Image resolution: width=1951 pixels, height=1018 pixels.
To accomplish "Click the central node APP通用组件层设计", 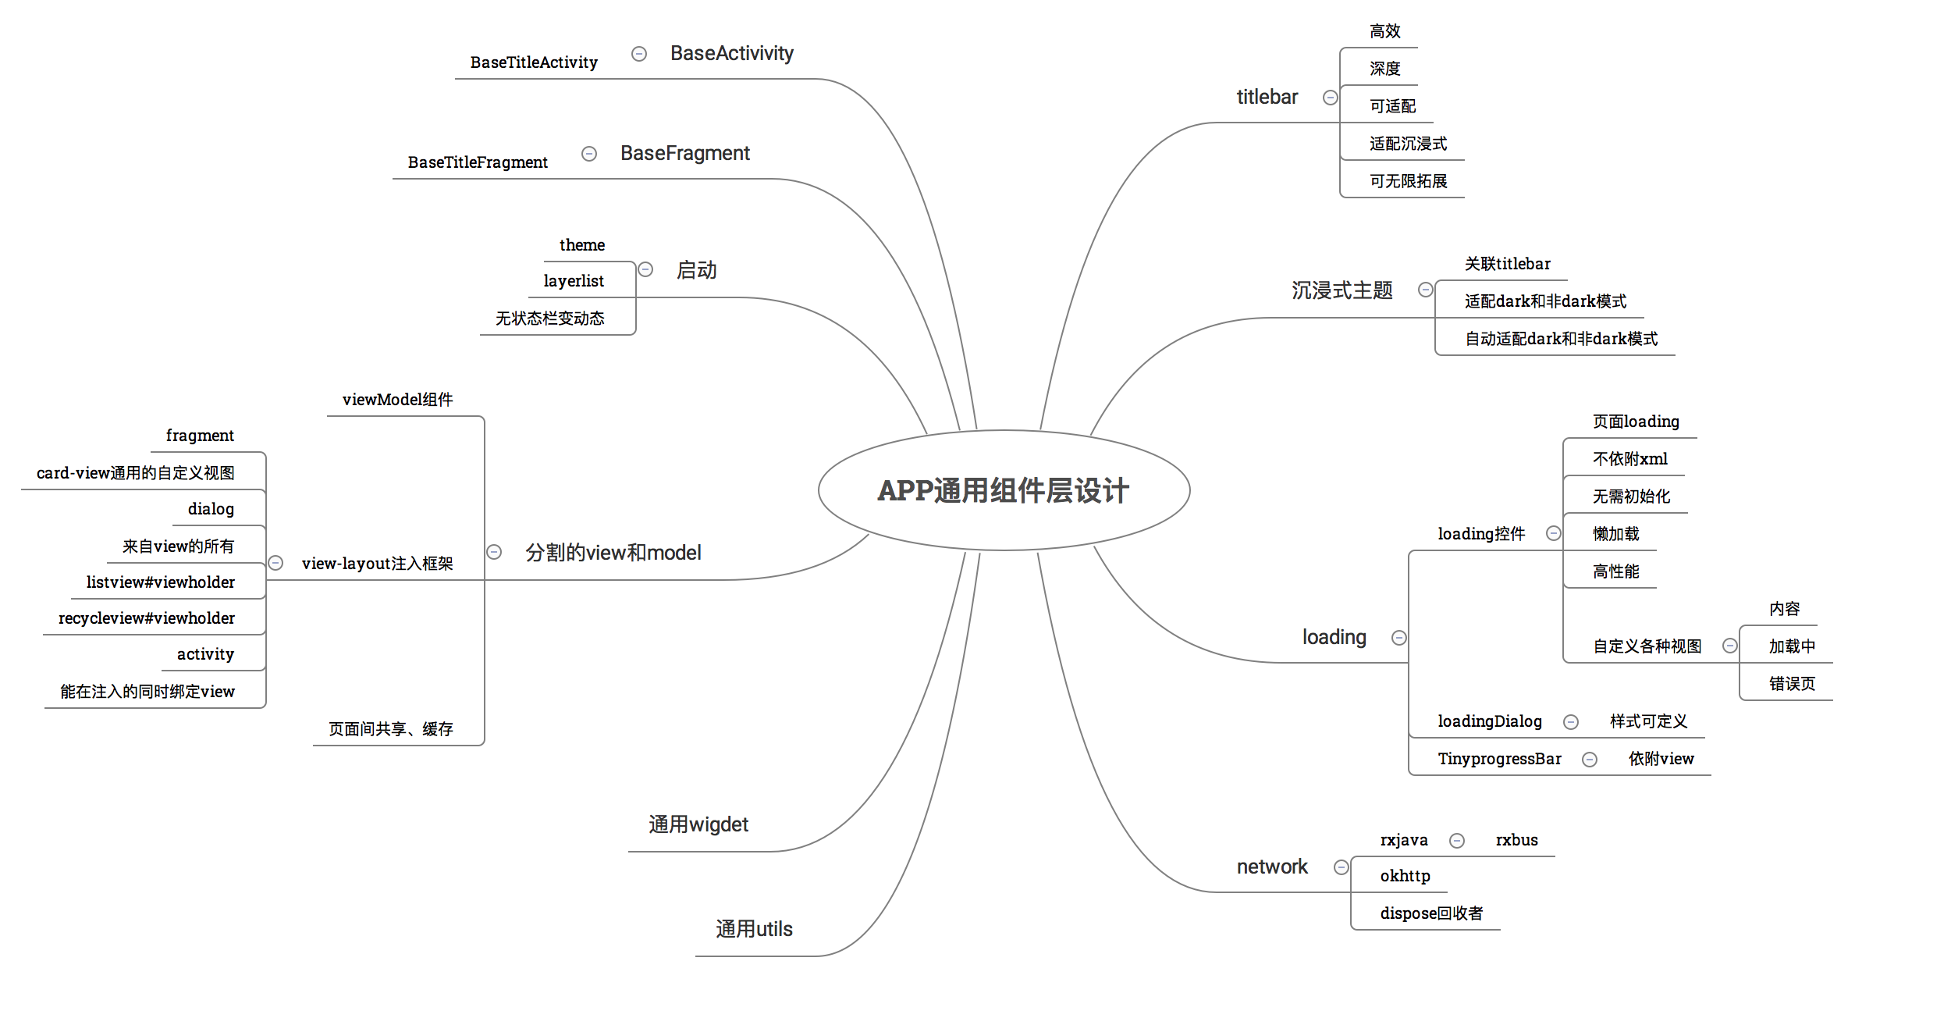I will [1004, 490].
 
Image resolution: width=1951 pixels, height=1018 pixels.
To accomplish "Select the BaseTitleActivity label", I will [534, 62].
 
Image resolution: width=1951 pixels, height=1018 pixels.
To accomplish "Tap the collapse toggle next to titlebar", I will [1331, 98].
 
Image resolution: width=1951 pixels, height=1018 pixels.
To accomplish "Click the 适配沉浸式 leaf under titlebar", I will [1408, 144].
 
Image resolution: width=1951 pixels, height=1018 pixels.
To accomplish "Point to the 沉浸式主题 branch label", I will [1342, 290].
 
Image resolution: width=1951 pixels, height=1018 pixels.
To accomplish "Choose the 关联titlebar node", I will [1507, 264].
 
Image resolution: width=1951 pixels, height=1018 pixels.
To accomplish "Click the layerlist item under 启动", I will [574, 281].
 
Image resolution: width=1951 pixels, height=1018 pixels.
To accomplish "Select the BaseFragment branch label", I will [684, 153].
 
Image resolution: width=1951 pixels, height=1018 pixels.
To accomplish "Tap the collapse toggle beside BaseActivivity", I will [639, 54].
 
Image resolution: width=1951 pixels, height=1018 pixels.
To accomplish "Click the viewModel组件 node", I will [397, 400].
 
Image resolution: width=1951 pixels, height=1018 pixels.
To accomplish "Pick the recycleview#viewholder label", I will [147, 618].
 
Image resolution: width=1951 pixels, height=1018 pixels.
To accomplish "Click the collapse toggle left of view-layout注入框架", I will [275, 563].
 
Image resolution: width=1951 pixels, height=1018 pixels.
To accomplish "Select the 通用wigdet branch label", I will [698, 824].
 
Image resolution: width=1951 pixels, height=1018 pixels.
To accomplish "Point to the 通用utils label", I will [754, 929].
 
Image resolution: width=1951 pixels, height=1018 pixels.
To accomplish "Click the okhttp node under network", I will [1405, 876].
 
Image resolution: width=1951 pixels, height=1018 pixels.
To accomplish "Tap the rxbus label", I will [1516, 840].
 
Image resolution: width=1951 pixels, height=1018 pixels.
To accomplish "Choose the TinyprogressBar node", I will [1499, 759].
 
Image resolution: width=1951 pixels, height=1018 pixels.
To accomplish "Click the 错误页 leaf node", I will [1792, 684].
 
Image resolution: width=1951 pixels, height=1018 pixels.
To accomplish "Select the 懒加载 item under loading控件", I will [1615, 534].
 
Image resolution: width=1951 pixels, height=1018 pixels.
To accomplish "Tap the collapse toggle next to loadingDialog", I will [1571, 722].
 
